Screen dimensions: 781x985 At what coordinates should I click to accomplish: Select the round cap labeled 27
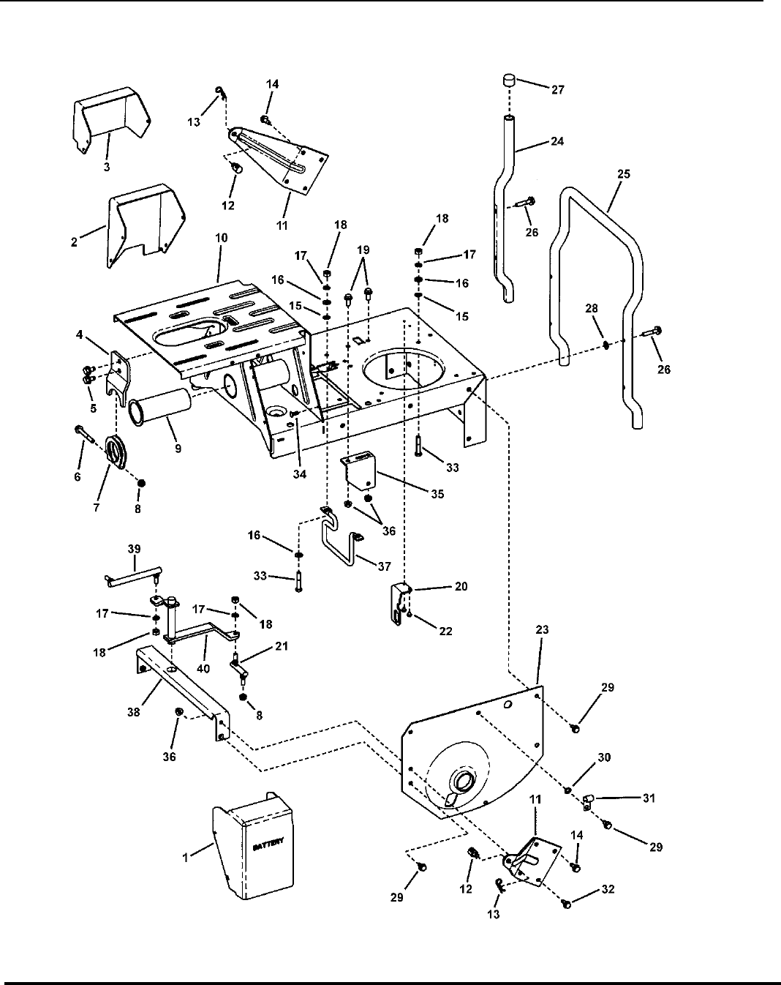pyautogui.click(x=508, y=81)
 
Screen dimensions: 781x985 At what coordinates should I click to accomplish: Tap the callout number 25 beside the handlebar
pyautogui.click(x=624, y=174)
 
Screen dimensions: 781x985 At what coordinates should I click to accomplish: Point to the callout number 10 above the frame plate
pyautogui.click(x=221, y=238)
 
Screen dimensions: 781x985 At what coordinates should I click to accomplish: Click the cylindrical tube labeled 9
pyautogui.click(x=159, y=406)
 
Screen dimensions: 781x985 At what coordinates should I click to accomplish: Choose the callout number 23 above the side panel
pyautogui.click(x=542, y=630)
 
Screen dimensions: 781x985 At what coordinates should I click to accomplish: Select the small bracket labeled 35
pyautogui.click(x=359, y=472)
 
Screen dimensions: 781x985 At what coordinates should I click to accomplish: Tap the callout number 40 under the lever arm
pyautogui.click(x=203, y=669)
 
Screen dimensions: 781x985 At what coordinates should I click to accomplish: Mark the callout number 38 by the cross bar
pyautogui.click(x=134, y=712)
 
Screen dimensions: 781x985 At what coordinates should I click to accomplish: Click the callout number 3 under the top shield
pyautogui.click(x=107, y=168)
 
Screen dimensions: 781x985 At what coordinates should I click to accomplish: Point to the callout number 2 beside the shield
pyautogui.click(x=74, y=242)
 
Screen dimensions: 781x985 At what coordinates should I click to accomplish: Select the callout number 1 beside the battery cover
pyautogui.click(x=185, y=858)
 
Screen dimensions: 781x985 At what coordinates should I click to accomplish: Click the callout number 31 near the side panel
pyautogui.click(x=649, y=798)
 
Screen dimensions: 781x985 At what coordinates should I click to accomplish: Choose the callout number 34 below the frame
pyautogui.click(x=300, y=474)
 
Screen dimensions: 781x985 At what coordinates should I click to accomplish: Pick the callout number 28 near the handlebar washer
pyautogui.click(x=592, y=308)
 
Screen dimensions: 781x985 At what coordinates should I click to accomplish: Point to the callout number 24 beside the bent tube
pyautogui.click(x=556, y=141)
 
